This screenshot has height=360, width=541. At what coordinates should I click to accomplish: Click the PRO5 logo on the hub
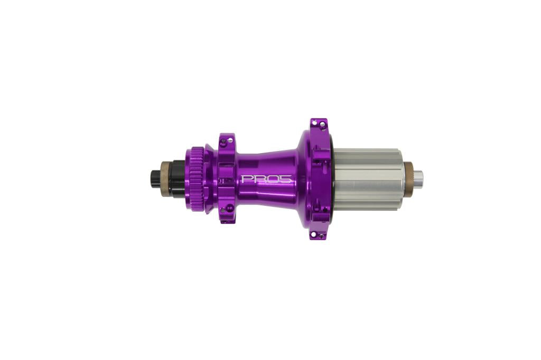click(266, 179)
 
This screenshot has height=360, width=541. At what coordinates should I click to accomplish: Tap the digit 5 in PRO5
click(286, 179)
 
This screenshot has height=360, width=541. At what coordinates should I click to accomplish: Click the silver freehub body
click(368, 179)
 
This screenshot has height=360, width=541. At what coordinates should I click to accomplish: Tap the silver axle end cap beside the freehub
click(418, 179)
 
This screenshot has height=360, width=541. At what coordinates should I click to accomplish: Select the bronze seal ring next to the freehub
click(408, 179)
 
